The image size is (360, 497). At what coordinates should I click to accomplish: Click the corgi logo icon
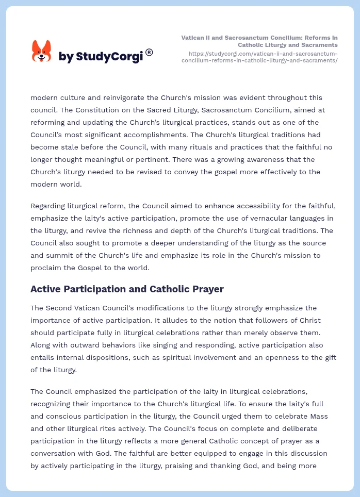[x=42, y=51]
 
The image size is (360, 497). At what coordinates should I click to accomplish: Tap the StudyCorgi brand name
[x=101, y=57]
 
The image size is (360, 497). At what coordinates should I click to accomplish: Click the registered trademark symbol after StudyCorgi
[x=149, y=52]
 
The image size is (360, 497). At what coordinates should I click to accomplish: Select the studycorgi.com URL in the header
[x=263, y=57]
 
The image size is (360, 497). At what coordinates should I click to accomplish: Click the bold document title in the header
[x=259, y=41]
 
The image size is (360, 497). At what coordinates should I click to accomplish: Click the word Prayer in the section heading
[x=205, y=289]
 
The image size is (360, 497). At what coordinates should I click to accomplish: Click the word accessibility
[x=246, y=206]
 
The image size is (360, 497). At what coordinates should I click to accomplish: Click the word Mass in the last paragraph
[x=319, y=416]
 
